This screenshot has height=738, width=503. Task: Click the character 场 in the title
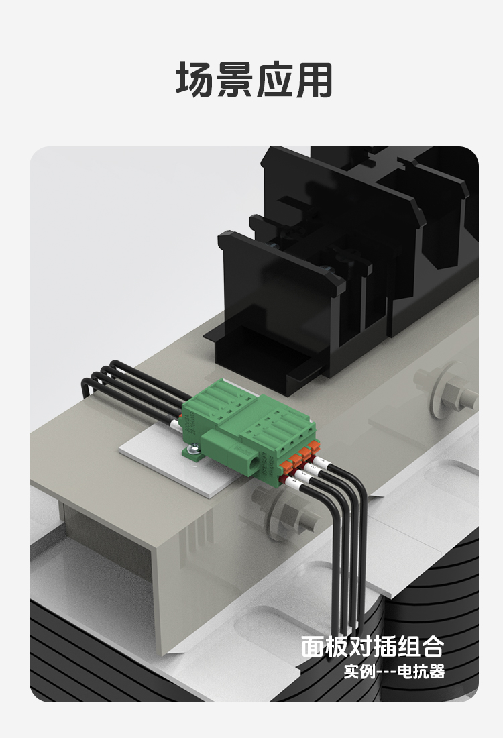pyautogui.click(x=194, y=80)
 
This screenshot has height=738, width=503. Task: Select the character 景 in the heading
pyautogui.click(x=234, y=80)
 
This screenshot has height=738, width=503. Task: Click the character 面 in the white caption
pyautogui.click(x=313, y=647)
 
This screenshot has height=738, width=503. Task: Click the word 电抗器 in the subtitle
pyautogui.click(x=421, y=671)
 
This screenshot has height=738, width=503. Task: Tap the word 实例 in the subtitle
pyautogui.click(x=359, y=671)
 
